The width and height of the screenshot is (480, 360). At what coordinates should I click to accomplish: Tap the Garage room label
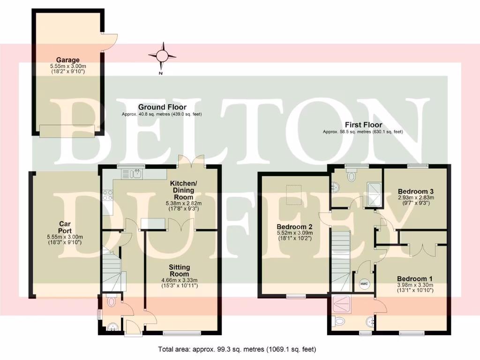click(67, 60)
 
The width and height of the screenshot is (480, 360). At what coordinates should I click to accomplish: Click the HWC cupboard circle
click(364, 284)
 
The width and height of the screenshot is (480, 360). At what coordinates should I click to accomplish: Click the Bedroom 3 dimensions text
click(416, 201)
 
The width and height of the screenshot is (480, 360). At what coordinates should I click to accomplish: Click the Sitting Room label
click(180, 270)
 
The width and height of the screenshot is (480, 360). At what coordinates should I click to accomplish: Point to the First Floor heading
click(363, 125)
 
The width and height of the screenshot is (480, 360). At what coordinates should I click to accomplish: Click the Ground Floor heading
click(162, 107)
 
